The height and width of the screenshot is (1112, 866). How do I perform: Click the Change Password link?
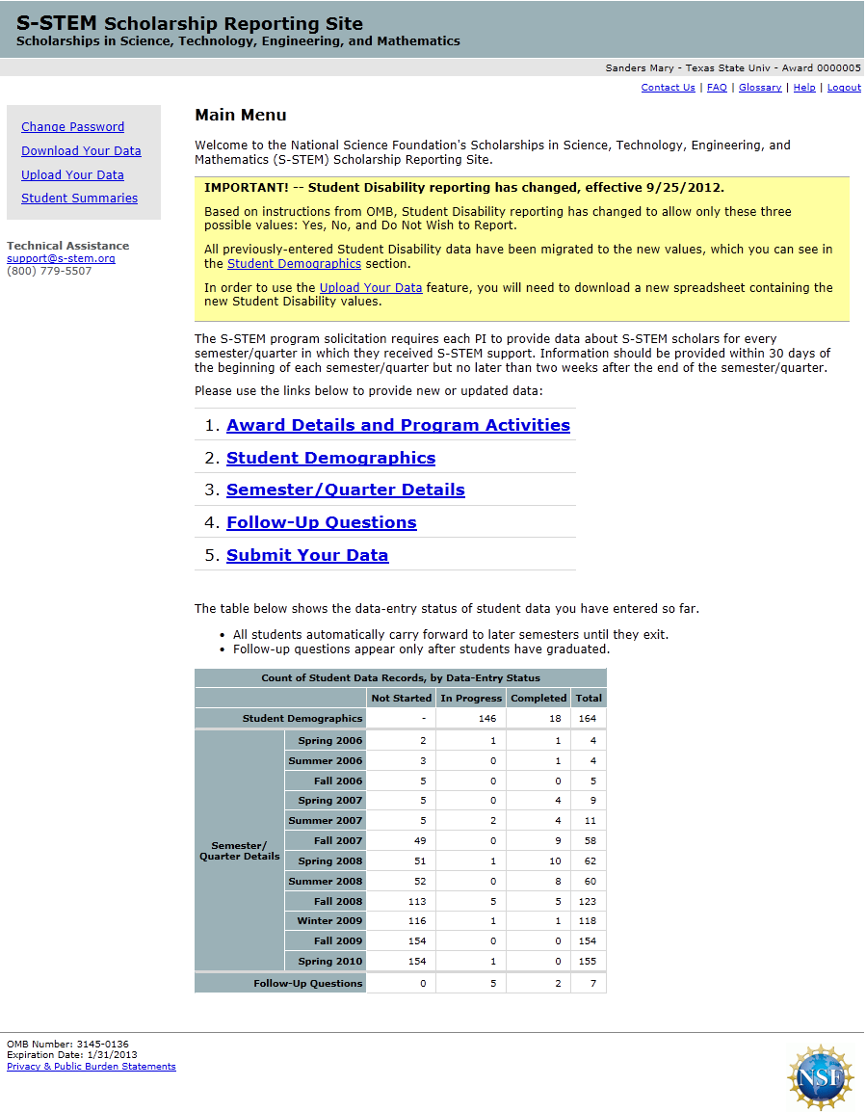click(72, 126)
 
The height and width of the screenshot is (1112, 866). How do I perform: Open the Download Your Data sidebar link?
click(81, 150)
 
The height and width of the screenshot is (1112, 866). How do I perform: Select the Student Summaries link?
click(79, 198)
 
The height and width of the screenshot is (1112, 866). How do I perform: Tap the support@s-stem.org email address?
click(61, 258)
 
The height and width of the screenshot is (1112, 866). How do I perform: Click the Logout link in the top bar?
click(844, 88)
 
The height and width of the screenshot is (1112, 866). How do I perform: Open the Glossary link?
click(760, 88)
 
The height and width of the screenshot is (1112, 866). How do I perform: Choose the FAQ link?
click(717, 88)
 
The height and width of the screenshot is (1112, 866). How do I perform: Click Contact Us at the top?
click(668, 88)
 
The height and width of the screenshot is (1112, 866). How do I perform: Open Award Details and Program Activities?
click(398, 425)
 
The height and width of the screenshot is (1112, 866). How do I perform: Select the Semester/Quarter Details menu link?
click(345, 490)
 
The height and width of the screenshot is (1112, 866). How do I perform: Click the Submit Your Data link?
click(307, 555)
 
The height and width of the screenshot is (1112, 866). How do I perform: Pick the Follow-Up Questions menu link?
click(321, 522)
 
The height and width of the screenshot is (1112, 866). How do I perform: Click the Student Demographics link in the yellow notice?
click(294, 263)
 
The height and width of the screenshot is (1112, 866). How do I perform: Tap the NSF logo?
click(820, 1075)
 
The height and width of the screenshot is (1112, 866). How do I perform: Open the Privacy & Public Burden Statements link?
click(92, 1067)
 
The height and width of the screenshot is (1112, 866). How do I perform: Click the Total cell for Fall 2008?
click(588, 901)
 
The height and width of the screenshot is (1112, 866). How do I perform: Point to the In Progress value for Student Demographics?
click(471, 718)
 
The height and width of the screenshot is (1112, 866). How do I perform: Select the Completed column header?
click(538, 698)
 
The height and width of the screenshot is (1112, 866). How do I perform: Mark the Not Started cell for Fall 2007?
click(401, 841)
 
